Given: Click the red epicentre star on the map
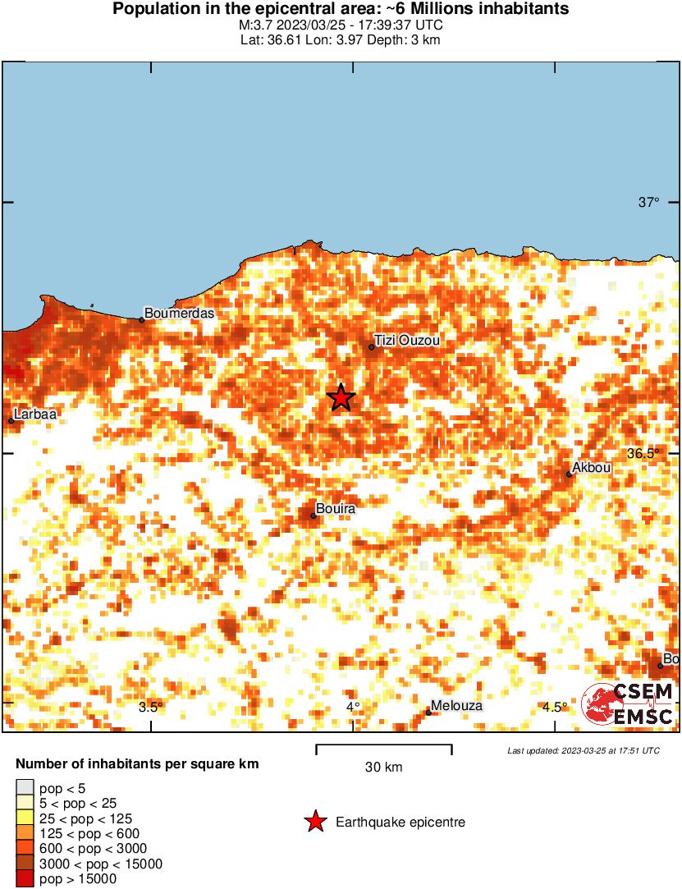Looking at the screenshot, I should (341, 397).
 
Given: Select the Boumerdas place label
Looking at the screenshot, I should (179, 314).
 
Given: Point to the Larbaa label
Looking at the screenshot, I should (35, 415).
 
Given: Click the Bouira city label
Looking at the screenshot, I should (336, 510).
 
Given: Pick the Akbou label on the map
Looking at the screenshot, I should (592, 468).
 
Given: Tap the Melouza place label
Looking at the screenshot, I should (457, 706).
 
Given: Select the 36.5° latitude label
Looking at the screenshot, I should (643, 453).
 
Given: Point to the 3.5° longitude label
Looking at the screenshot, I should (150, 708).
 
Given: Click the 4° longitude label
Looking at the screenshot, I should (353, 708).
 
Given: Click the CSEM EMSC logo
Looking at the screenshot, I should (628, 705).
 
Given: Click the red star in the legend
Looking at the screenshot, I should (314, 822).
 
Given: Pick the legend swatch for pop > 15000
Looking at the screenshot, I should (25, 879).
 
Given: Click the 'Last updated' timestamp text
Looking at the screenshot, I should (584, 750).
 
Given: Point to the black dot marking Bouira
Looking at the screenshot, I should (314, 516).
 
